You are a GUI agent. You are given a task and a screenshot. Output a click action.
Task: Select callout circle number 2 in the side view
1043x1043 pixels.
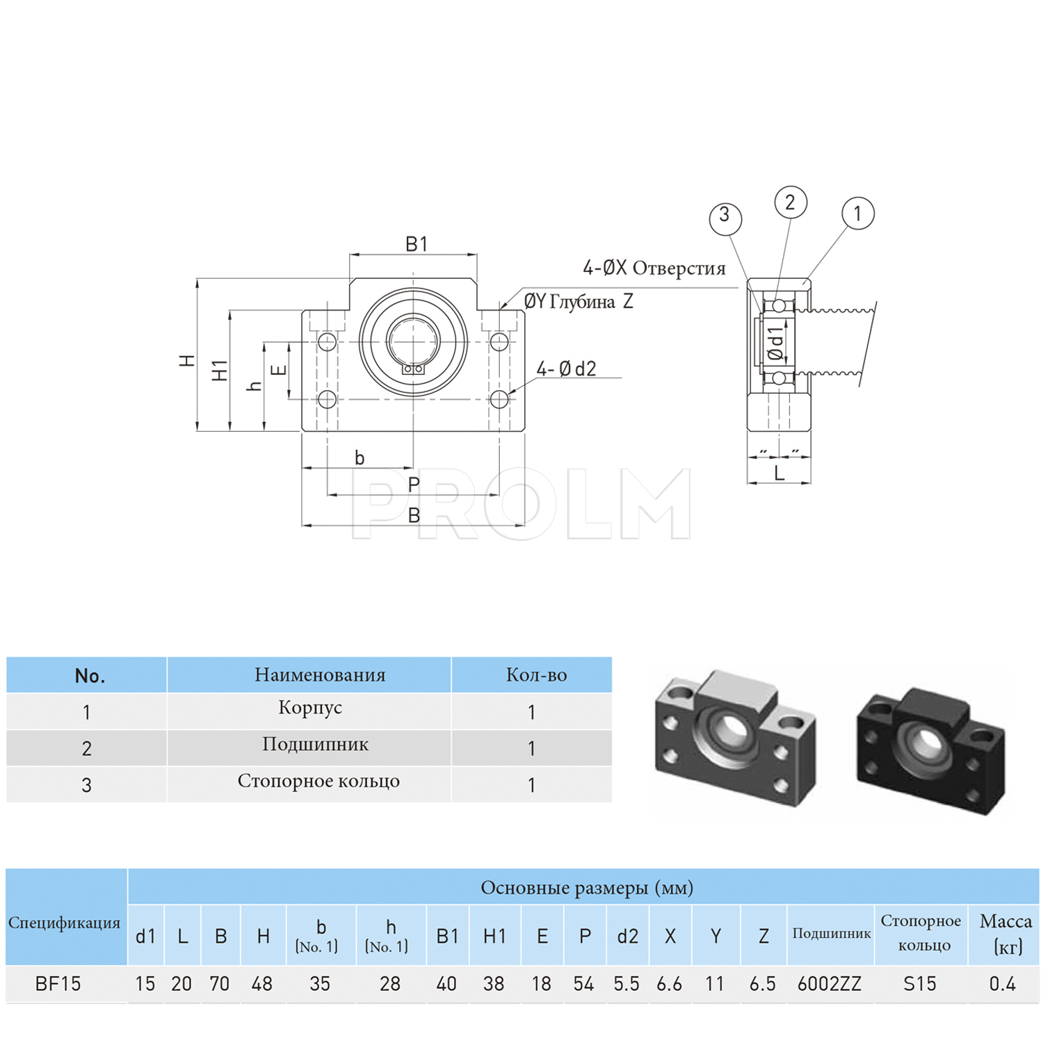pos(791,202)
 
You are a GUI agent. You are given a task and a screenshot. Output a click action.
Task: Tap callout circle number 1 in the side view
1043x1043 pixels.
pos(857,213)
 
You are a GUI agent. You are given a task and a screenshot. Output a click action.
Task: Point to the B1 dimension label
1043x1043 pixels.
pos(416,244)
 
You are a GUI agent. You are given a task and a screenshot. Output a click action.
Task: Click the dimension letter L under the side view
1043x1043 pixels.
pos(779,474)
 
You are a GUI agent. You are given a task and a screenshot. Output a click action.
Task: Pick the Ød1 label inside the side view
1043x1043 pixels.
pos(776,343)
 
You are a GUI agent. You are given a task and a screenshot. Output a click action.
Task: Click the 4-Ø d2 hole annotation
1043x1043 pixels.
pos(566,369)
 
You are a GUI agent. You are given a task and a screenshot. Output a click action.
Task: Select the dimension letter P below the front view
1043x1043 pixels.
pos(414,485)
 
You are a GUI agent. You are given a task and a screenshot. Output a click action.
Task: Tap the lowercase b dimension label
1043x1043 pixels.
pos(359,458)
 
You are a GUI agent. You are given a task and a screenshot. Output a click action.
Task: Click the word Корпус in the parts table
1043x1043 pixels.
pos(310,707)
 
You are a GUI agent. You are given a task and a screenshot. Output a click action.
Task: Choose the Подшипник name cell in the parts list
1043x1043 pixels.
pos(315,744)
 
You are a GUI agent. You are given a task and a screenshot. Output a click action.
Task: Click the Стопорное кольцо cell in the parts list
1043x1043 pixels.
pos(318,781)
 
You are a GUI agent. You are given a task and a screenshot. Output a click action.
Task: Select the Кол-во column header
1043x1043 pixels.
pos(536,674)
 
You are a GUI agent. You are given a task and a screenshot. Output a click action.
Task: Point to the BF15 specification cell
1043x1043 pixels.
pos(58,984)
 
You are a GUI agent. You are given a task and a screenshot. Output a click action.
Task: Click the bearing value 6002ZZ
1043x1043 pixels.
pos(830,984)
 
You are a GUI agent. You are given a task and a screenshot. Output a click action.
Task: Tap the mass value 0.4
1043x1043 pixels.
pos(1002,984)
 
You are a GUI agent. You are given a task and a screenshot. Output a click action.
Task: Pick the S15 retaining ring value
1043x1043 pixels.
pos(920,984)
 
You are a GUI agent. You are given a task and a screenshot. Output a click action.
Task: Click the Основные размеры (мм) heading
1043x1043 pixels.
pos(587,888)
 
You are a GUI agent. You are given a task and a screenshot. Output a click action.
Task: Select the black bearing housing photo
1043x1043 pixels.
pos(930,751)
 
